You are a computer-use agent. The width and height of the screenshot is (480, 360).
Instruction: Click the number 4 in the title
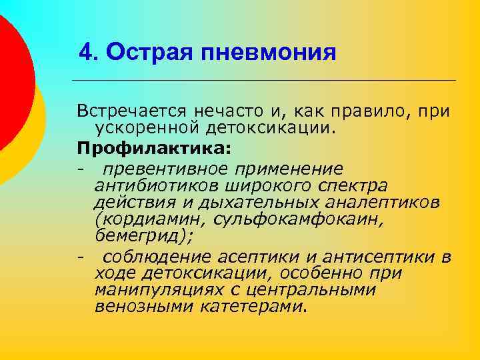[x=85, y=52]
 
